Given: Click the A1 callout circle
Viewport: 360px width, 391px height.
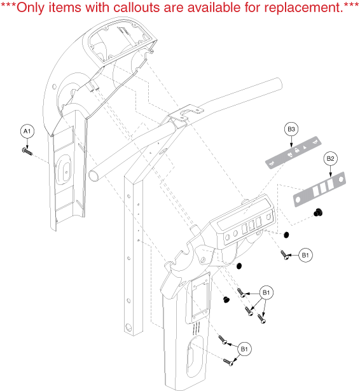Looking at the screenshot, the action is tap(27, 131).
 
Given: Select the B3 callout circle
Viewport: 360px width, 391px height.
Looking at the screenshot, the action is tap(291, 129).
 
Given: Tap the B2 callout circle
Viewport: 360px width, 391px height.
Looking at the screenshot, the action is tap(330, 158).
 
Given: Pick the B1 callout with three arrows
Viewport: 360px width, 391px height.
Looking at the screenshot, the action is tap(267, 292).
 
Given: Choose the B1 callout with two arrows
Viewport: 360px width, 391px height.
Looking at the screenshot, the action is tap(244, 349).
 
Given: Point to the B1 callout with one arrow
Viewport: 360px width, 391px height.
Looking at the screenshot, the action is tap(305, 255).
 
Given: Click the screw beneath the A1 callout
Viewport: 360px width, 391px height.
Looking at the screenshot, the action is tap(27, 151).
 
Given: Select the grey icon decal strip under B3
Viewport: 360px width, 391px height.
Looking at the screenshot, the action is tap(293, 152).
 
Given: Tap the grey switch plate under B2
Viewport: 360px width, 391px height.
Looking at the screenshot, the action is tap(319, 189).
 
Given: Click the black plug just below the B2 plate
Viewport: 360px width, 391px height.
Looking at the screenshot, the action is tap(318, 213).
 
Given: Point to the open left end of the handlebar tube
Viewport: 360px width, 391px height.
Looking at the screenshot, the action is tap(93, 175).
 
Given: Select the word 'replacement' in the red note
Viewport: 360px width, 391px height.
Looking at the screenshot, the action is tap(302, 8).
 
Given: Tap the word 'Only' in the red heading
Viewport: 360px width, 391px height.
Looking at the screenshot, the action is tap(31, 8).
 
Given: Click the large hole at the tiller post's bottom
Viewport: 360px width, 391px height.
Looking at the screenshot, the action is tap(128, 327).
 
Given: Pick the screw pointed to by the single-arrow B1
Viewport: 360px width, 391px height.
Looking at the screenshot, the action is tap(285, 255).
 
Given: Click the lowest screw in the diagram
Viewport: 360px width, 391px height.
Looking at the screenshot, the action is tap(228, 362).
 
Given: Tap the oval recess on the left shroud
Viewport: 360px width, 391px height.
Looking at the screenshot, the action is tap(64, 170).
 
